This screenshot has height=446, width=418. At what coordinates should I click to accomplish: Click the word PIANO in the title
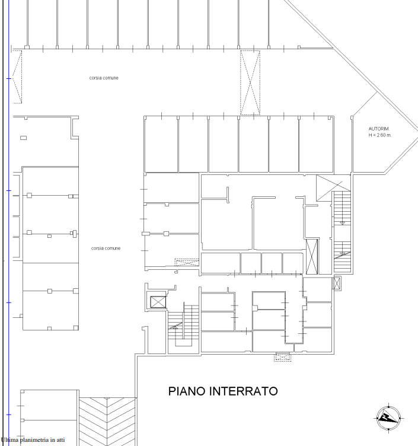[x=187, y=391]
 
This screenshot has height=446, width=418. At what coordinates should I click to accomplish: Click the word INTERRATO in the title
[x=244, y=391]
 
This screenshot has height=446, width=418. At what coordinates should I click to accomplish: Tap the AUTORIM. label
[x=379, y=129]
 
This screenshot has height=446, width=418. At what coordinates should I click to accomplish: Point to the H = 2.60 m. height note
[x=380, y=135]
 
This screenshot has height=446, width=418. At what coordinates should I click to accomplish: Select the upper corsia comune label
[x=104, y=78]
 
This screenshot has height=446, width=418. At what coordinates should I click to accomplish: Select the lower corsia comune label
[x=106, y=249]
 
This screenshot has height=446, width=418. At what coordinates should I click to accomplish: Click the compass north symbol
[x=388, y=418]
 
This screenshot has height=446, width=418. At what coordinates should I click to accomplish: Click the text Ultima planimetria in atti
[x=33, y=439]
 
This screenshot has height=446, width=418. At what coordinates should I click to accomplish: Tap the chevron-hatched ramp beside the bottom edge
[x=107, y=422]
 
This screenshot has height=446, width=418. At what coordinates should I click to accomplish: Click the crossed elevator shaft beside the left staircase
[x=158, y=302]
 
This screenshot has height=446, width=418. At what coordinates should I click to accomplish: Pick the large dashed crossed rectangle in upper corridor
[x=250, y=82]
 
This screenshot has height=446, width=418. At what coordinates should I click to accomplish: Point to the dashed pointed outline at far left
[x=17, y=77]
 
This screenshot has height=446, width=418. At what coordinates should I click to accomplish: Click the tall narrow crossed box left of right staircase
[x=312, y=257]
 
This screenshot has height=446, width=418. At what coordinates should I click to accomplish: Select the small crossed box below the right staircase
[x=336, y=283]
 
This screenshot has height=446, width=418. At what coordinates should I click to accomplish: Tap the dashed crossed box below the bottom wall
[x=282, y=357]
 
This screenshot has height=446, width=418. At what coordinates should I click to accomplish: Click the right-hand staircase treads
[x=342, y=232]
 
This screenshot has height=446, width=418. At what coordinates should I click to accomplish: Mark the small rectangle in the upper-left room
[x=23, y=138]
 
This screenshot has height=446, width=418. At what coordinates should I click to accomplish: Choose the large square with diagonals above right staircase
[x=333, y=188]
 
